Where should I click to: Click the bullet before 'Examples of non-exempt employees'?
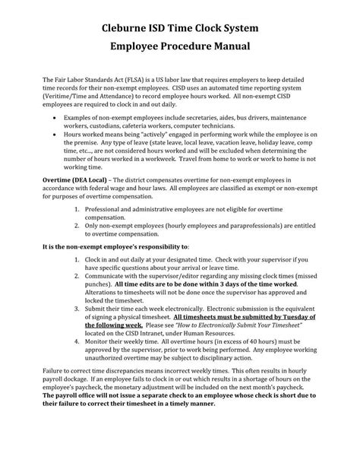click(x=55, y=119)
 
